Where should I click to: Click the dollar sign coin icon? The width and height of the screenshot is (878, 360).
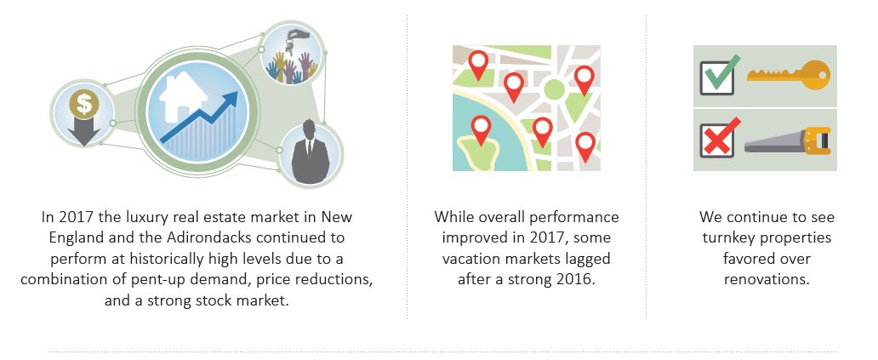point(84,104)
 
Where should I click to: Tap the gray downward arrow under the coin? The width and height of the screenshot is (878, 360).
point(84,132)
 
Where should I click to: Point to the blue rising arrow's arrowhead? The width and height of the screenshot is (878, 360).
point(229,101)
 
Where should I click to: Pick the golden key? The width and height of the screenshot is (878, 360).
point(789,75)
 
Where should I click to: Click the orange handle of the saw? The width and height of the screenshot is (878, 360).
point(817,140)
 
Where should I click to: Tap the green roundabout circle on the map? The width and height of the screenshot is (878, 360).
point(554,89)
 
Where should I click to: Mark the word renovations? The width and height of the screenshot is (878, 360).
point(767,279)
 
